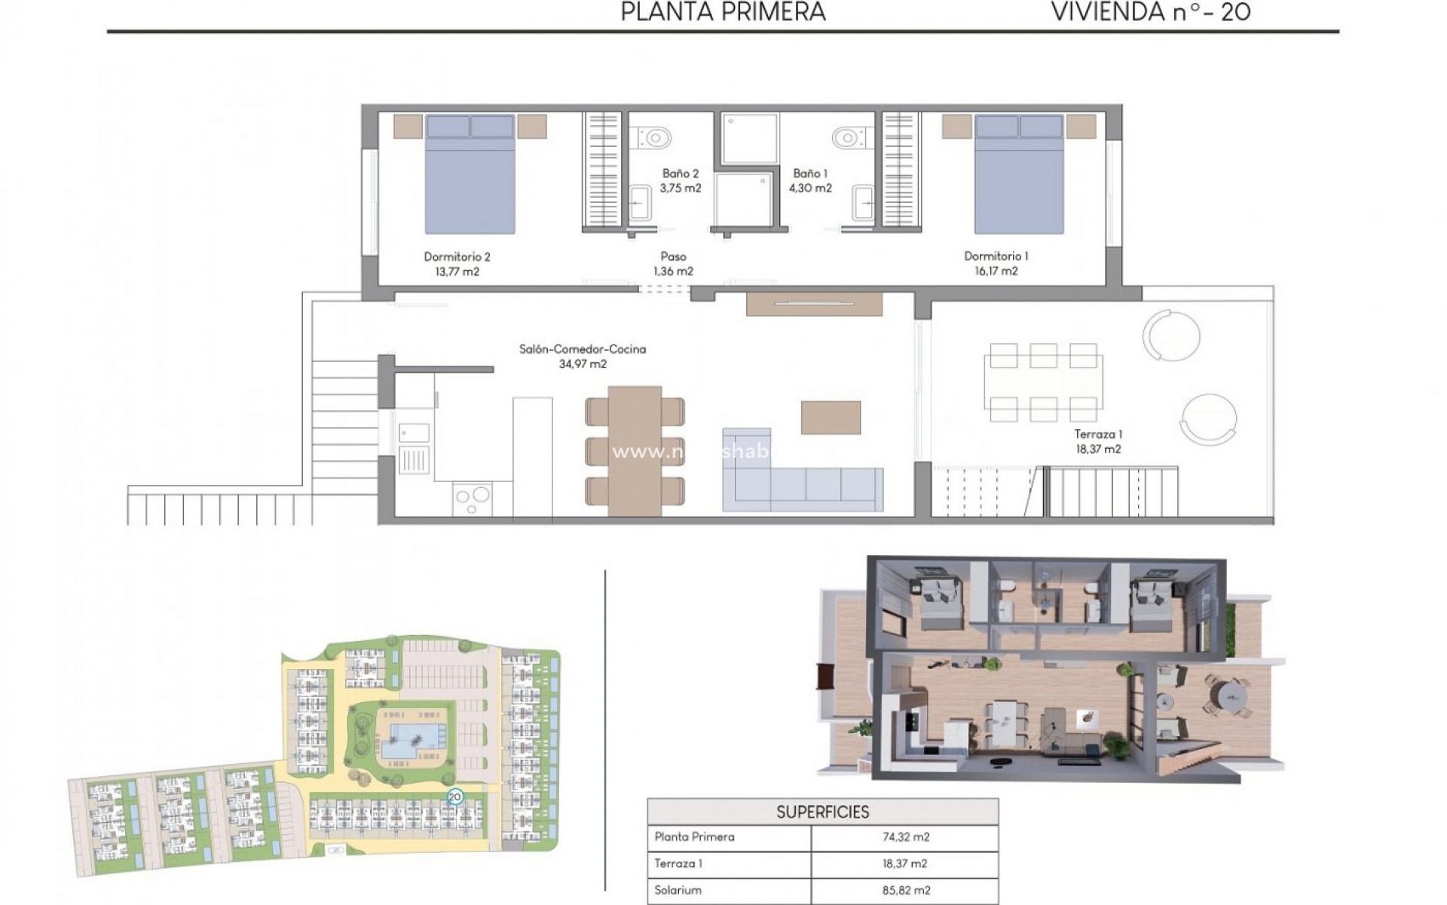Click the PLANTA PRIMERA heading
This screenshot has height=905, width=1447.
(723, 12)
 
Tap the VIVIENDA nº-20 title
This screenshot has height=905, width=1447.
(1150, 12)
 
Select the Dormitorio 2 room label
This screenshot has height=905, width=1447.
(457, 257)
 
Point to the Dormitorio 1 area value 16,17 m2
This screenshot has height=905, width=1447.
(996, 271)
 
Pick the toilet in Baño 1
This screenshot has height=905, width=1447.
(849, 138)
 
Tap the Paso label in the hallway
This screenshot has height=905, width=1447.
(673, 257)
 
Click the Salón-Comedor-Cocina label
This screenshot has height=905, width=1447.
(582, 349)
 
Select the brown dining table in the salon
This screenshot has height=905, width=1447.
(635, 450)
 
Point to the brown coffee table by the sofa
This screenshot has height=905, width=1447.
(831, 417)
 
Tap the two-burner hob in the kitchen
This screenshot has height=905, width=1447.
(472, 499)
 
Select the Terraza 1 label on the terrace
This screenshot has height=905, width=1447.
(1098, 434)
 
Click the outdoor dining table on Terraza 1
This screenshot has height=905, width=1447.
(1042, 382)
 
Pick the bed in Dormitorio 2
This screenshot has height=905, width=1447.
(470, 174)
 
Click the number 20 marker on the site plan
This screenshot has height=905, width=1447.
(454, 796)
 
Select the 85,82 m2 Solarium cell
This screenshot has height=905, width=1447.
(904, 891)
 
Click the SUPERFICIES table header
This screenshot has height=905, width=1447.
(822, 812)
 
